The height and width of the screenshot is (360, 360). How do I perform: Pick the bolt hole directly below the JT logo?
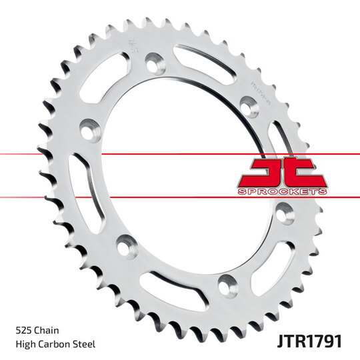(285, 215)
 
